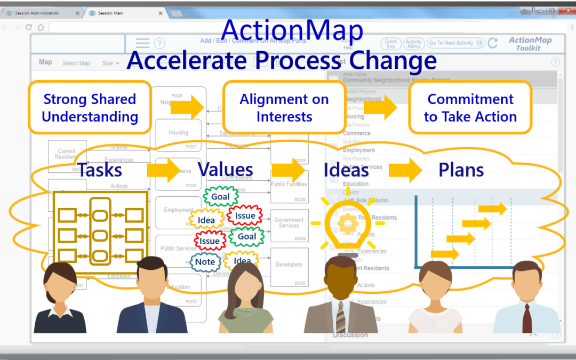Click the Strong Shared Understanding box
click(90, 107)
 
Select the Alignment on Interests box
click(284, 107)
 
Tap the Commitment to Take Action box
click(470, 107)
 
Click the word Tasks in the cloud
click(100, 170)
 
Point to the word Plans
click(461, 170)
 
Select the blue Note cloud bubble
click(205, 261)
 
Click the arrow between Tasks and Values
click(163, 170)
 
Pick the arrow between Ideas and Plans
click(406, 170)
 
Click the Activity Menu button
click(413, 44)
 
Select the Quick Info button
click(391, 44)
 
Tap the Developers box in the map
click(289, 265)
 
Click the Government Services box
click(289, 223)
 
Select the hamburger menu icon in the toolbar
click(142, 43)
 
